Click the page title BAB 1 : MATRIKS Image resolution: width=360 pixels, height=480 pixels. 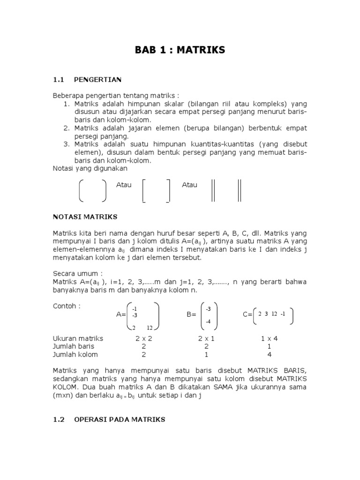tap(180, 50)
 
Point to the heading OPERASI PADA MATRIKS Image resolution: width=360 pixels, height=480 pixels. tap(120, 420)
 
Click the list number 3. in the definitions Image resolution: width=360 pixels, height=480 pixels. tap(66, 144)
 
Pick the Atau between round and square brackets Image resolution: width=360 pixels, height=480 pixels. tap(124, 185)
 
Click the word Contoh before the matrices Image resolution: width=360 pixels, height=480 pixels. tap(67, 306)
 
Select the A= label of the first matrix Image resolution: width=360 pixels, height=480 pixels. tap(121, 315)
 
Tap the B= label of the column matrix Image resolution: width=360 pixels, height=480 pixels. tap(191, 315)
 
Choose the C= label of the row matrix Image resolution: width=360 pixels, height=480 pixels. tap(247, 315)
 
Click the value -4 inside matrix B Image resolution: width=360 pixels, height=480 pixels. tap(209, 322)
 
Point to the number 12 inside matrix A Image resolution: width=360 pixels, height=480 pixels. tap(150, 327)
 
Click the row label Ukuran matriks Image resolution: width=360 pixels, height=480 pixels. tap(78, 338)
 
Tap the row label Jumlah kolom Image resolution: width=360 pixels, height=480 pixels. tap(75, 354)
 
